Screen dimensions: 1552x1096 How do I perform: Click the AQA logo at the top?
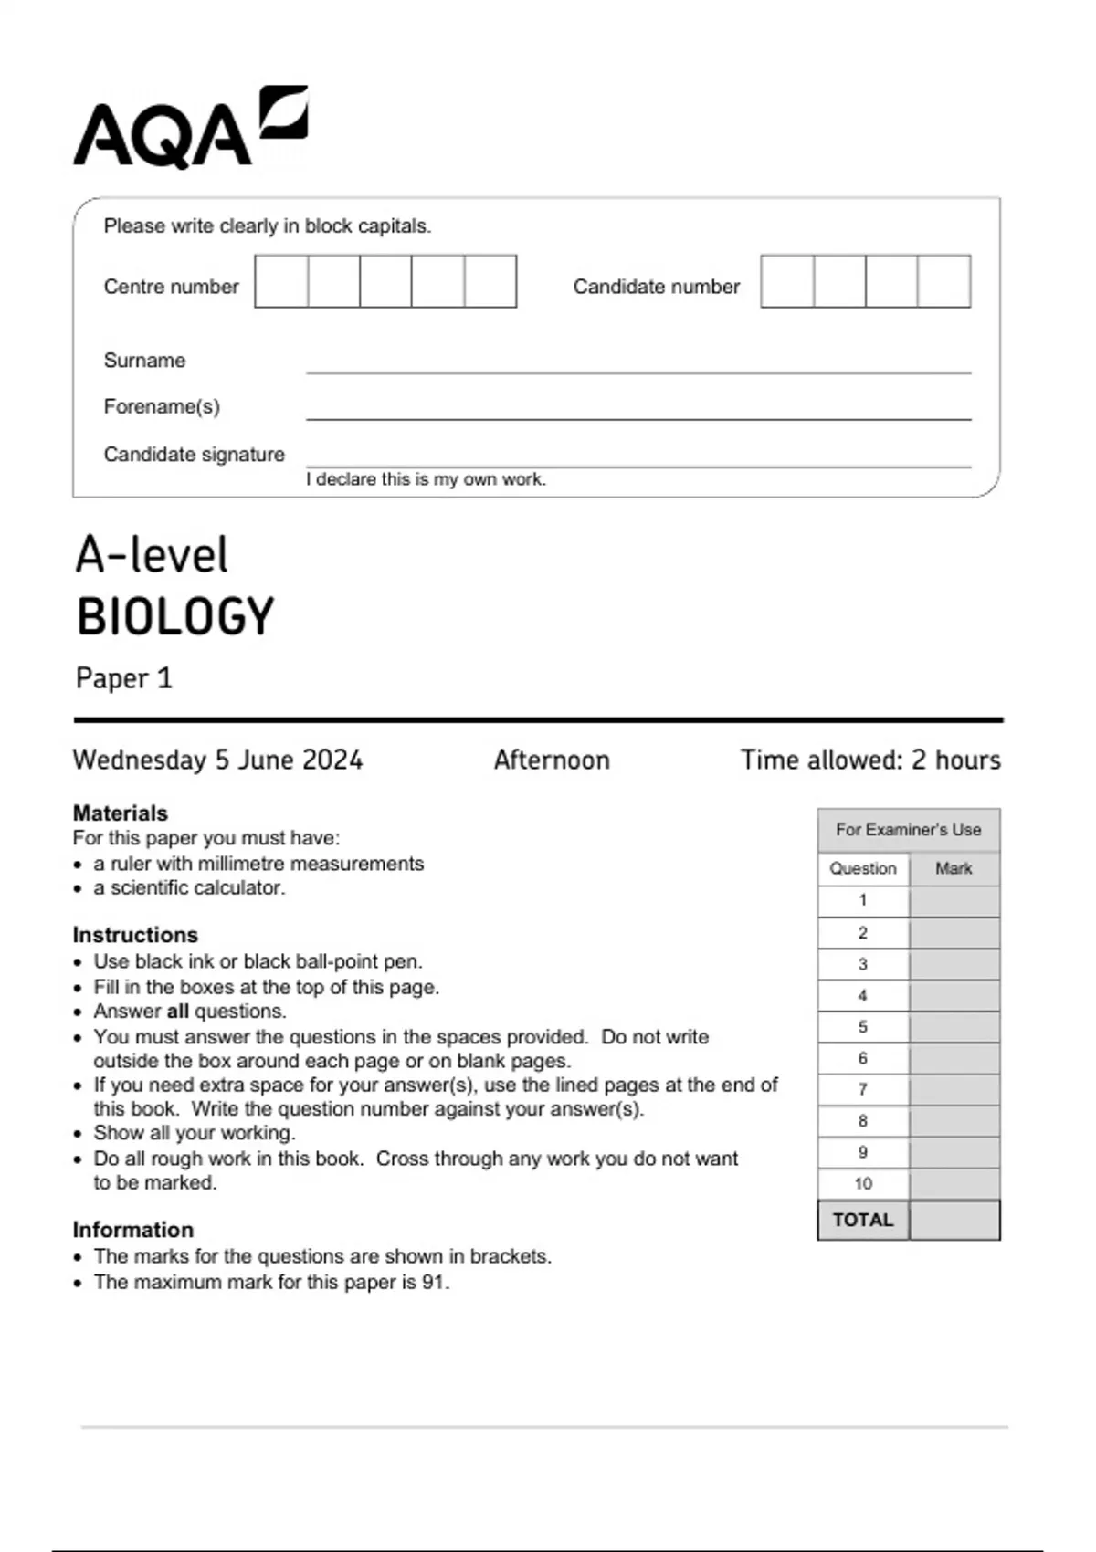(190, 128)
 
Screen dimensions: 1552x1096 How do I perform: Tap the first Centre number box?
(281, 281)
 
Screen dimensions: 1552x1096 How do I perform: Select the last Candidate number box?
(944, 281)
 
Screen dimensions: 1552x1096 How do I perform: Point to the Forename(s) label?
(162, 406)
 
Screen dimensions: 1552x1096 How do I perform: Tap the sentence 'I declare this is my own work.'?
(426, 479)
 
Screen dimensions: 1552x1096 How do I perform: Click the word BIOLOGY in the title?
(175, 617)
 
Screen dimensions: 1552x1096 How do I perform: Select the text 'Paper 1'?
(124, 678)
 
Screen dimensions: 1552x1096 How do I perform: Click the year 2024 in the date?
(332, 760)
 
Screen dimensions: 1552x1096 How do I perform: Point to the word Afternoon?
(552, 760)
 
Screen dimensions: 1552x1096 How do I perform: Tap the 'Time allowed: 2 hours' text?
(870, 760)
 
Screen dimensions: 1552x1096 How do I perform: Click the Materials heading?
(121, 813)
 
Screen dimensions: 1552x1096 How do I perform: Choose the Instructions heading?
(135, 935)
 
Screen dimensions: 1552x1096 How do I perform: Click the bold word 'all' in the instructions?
(177, 1012)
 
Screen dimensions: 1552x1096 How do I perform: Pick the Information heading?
(133, 1230)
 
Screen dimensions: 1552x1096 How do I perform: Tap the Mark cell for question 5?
(954, 1027)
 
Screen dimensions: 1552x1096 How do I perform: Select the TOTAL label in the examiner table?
(863, 1220)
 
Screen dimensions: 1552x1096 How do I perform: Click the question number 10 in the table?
(863, 1183)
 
